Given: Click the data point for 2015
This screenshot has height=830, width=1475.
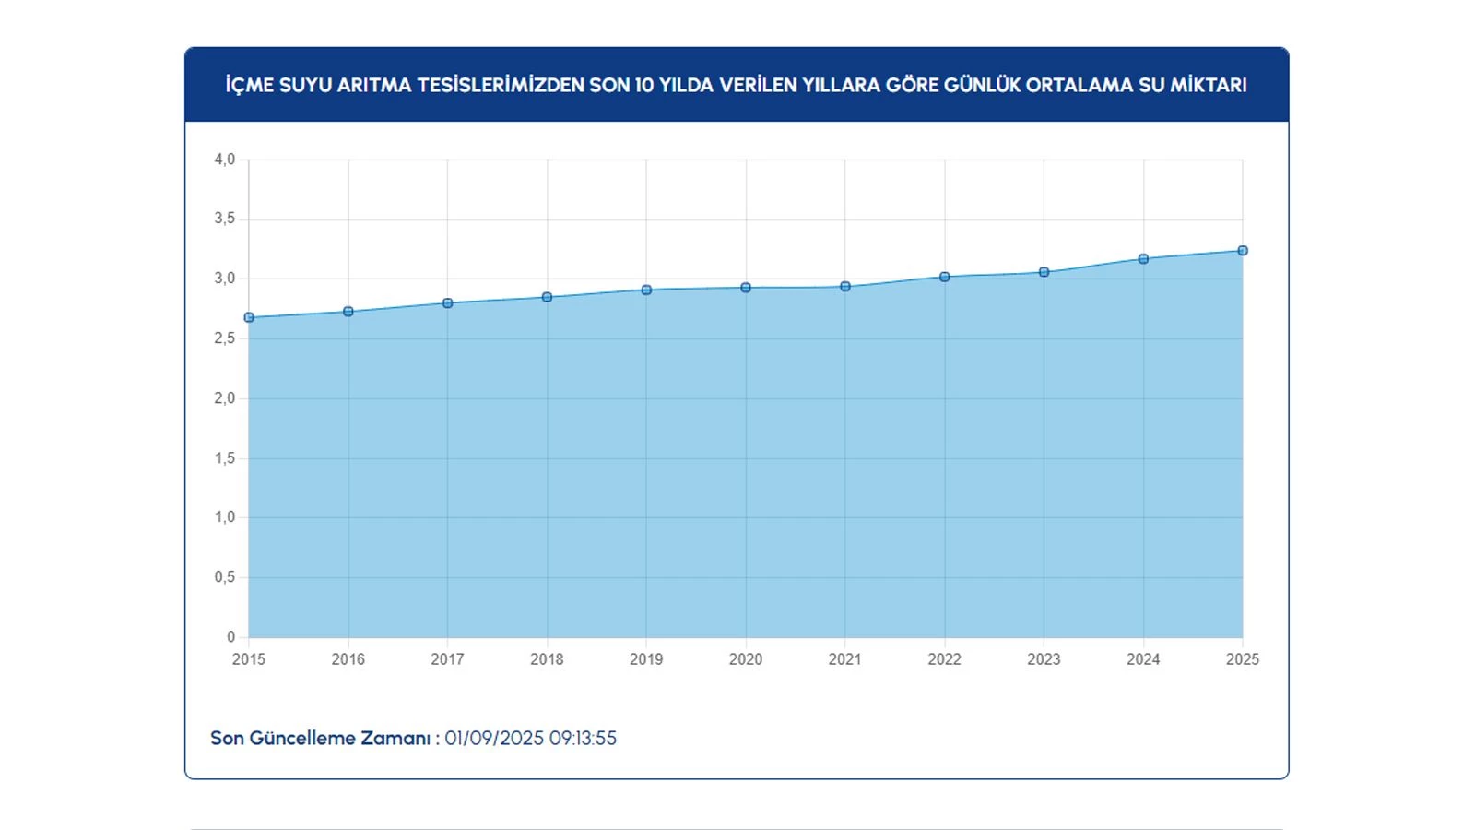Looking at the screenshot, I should click(x=249, y=317).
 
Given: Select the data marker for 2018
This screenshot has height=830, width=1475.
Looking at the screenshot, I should click(x=547, y=297).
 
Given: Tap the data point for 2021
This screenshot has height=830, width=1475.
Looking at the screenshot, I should click(x=845, y=287).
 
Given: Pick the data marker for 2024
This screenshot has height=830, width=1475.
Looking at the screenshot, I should click(x=1143, y=259).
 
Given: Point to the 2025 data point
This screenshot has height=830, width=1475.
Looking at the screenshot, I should click(x=1243, y=251).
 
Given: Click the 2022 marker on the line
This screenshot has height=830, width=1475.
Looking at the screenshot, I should click(x=944, y=277).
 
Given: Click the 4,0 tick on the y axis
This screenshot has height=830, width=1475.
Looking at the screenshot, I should click(x=225, y=160).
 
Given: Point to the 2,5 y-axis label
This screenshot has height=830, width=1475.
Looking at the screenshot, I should click(x=225, y=338).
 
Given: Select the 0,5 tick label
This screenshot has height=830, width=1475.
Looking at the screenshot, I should click(x=225, y=577).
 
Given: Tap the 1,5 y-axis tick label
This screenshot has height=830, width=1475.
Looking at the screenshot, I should click(x=225, y=458).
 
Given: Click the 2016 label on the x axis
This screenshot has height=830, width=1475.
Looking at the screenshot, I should click(x=348, y=659).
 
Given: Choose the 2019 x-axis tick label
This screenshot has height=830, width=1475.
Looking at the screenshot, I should click(x=646, y=659).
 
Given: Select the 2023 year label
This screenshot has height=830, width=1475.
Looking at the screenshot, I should click(x=1044, y=659).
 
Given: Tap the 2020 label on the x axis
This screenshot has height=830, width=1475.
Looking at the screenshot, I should click(x=746, y=659).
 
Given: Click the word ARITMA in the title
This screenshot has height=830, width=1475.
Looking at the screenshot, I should click(x=374, y=85).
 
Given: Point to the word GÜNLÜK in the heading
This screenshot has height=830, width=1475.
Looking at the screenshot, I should click(x=983, y=85).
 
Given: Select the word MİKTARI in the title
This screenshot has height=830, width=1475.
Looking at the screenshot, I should click(x=1208, y=85).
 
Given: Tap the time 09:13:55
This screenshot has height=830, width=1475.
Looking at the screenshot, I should click(x=583, y=739).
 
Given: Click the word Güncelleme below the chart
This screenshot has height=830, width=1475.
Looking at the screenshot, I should click(x=302, y=739).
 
